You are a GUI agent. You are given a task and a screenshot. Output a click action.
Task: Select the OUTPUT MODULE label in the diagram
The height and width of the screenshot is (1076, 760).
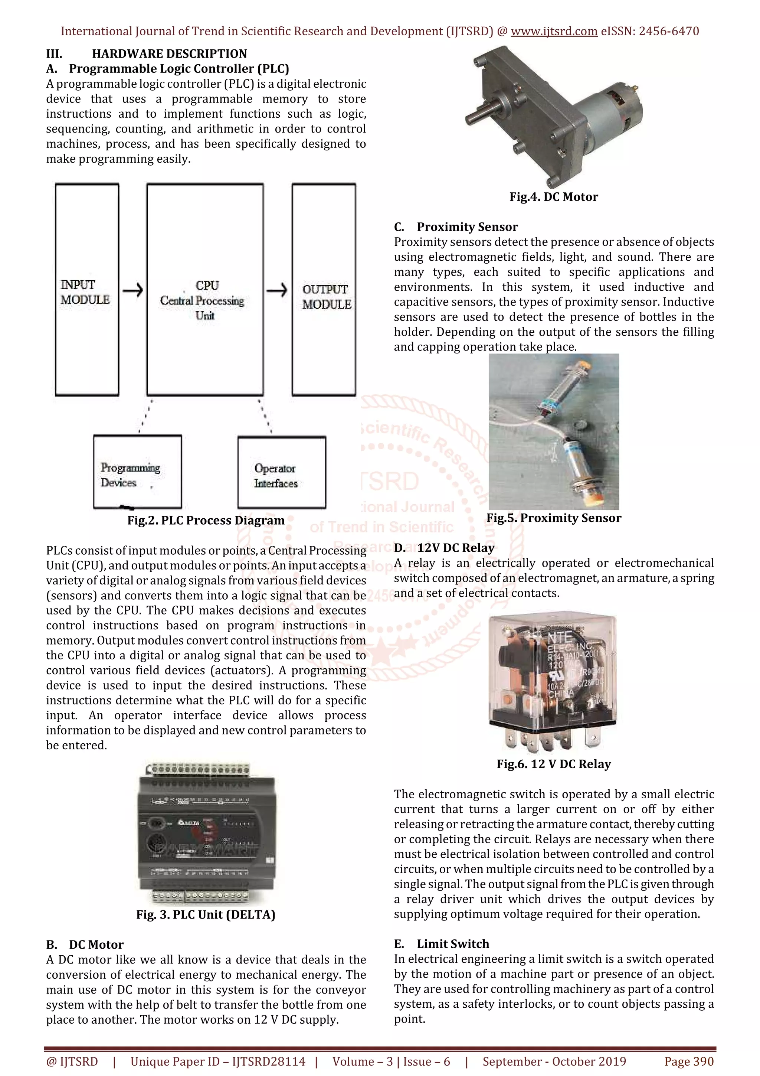(327, 297)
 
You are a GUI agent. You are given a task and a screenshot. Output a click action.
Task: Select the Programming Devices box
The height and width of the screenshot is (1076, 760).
(137, 472)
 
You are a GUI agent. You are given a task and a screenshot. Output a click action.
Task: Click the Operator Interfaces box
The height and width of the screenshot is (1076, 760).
(281, 472)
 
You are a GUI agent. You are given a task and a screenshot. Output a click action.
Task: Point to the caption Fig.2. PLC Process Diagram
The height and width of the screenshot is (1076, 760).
(206, 521)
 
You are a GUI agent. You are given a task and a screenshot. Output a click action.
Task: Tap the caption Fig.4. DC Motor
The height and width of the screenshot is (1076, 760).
(554, 197)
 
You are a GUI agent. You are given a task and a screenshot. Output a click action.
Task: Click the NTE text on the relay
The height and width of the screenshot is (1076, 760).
(560, 638)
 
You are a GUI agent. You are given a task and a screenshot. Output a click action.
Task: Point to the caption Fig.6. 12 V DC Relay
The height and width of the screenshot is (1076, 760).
(554, 764)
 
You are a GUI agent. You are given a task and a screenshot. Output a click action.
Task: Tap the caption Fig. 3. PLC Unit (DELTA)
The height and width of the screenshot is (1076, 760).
(206, 914)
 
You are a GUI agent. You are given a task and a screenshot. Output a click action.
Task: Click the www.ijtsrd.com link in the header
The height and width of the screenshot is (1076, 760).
(554, 32)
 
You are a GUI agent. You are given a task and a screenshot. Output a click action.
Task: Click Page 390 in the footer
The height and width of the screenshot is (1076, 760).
(688, 1062)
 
